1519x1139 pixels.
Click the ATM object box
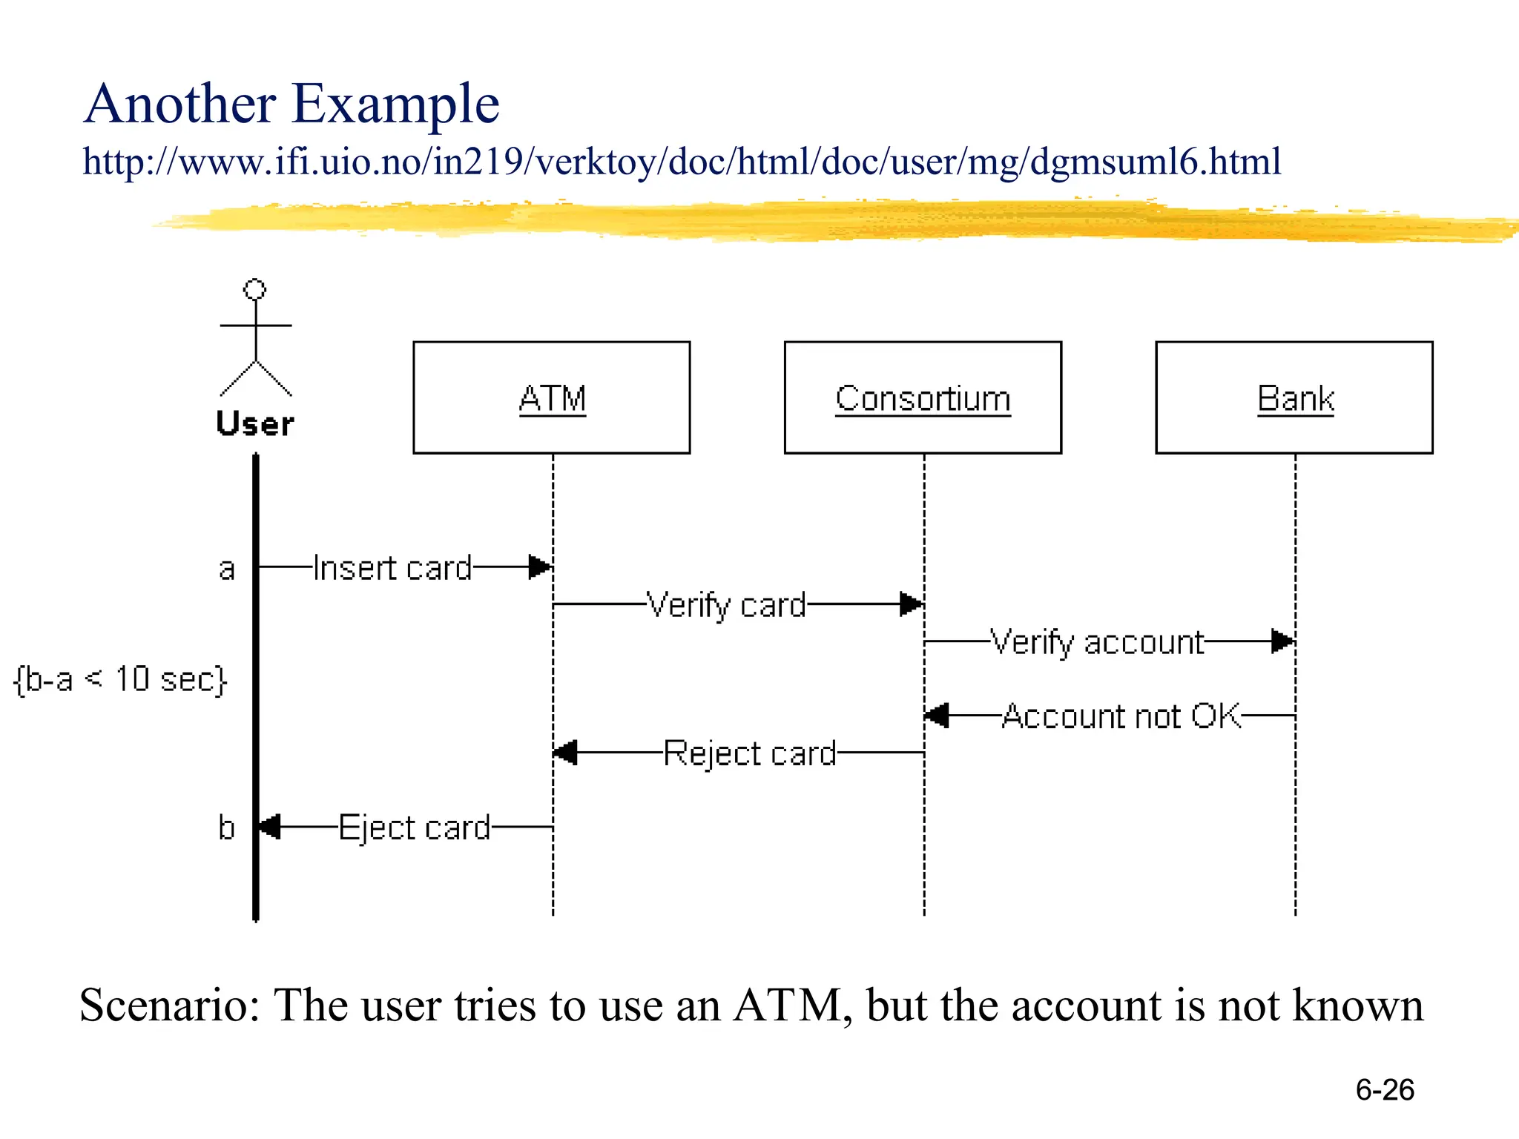tap(551, 397)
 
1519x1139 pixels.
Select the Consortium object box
tap(923, 397)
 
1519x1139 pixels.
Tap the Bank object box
tap(1294, 397)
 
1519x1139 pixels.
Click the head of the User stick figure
tap(255, 289)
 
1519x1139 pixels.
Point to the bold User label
tap(255, 424)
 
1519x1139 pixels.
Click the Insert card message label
tap(392, 568)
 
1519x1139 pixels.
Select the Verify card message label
tap(726, 605)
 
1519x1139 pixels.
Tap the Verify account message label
tap(1097, 642)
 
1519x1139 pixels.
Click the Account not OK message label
tap(1121, 716)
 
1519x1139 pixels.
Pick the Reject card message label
tap(749, 753)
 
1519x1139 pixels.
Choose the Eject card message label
tap(415, 828)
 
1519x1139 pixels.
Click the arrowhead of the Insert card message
tap(540, 567)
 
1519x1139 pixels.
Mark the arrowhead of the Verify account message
tap(1282, 641)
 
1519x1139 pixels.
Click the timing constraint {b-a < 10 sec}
tap(120, 679)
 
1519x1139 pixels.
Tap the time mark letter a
tap(227, 569)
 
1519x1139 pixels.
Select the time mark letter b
tap(226, 827)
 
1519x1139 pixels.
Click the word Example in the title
tap(395, 104)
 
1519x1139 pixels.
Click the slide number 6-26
tap(1384, 1089)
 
